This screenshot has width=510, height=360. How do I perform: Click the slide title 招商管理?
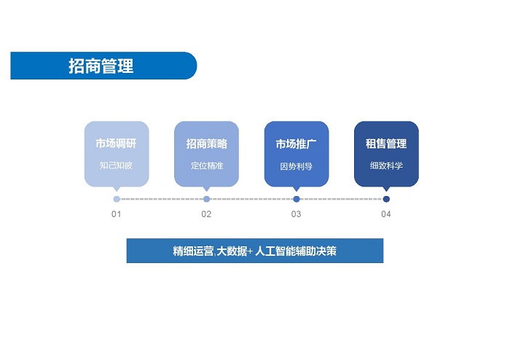(x=101, y=66)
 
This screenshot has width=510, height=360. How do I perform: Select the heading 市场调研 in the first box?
(x=116, y=144)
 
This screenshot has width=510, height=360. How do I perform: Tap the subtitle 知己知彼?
(x=116, y=165)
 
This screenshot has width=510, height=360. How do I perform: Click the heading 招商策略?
(x=206, y=144)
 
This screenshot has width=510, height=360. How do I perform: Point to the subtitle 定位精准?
(x=207, y=166)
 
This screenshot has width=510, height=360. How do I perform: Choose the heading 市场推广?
(x=296, y=144)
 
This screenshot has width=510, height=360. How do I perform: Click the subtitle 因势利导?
(x=296, y=166)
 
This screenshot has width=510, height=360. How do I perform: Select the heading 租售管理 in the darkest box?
(x=386, y=144)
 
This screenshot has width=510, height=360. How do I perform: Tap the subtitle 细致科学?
(x=386, y=166)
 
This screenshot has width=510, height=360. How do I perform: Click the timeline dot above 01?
(x=117, y=199)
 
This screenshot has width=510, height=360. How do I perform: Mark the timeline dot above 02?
(x=206, y=199)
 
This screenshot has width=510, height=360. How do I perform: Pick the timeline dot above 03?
(x=297, y=199)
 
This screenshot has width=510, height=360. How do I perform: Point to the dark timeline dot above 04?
(x=386, y=199)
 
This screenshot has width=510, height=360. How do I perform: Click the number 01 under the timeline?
(x=116, y=214)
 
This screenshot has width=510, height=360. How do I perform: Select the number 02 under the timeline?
(x=206, y=214)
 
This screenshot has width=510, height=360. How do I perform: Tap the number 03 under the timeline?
(x=296, y=214)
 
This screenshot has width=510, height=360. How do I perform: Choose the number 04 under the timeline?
(x=385, y=214)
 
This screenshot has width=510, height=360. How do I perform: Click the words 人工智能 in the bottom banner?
(x=275, y=251)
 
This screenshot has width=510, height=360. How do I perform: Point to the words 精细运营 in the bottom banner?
(x=193, y=251)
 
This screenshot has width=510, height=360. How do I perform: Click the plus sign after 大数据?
(x=250, y=251)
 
